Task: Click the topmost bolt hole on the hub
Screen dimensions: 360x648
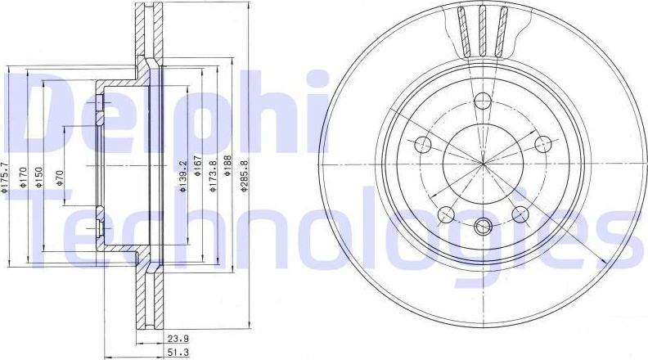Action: [x=482, y=101]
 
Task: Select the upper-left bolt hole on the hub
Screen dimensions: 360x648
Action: [x=424, y=145]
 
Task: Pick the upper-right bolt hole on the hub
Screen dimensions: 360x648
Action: [x=541, y=145]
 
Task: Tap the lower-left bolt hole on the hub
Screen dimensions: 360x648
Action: [x=446, y=214]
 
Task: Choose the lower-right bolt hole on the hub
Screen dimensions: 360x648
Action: [x=519, y=214]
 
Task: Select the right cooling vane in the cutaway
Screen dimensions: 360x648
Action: [x=500, y=29]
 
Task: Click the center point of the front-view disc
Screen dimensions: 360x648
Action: [x=483, y=163]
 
